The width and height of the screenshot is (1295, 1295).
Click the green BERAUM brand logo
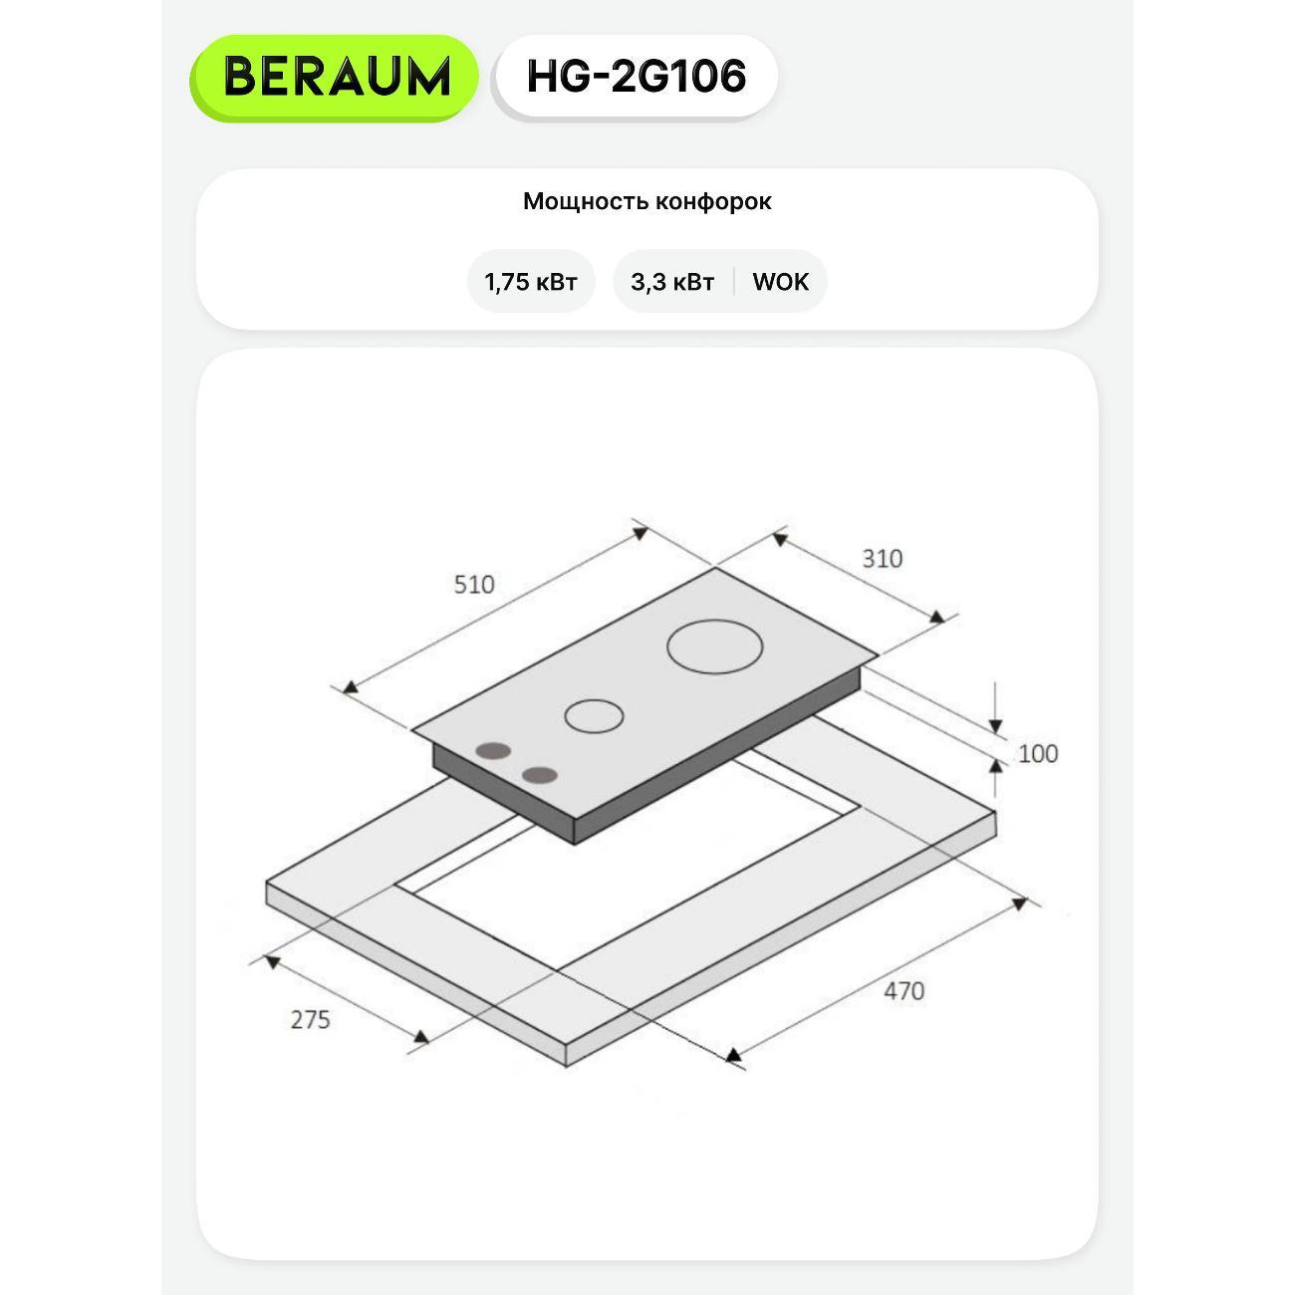coord(334,78)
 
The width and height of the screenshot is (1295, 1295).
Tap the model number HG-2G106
coord(636,76)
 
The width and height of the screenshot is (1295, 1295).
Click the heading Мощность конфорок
coord(647,201)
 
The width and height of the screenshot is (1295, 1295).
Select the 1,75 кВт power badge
coord(531,282)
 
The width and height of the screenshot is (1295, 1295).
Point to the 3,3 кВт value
coord(671,282)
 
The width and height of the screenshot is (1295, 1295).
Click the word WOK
coord(780,282)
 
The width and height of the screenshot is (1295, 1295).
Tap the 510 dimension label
coord(474,585)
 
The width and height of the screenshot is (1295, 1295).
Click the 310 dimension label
coord(882,559)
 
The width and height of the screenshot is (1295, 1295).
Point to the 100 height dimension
coord(1038,754)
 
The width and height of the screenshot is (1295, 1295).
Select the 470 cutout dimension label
coord(904,991)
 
